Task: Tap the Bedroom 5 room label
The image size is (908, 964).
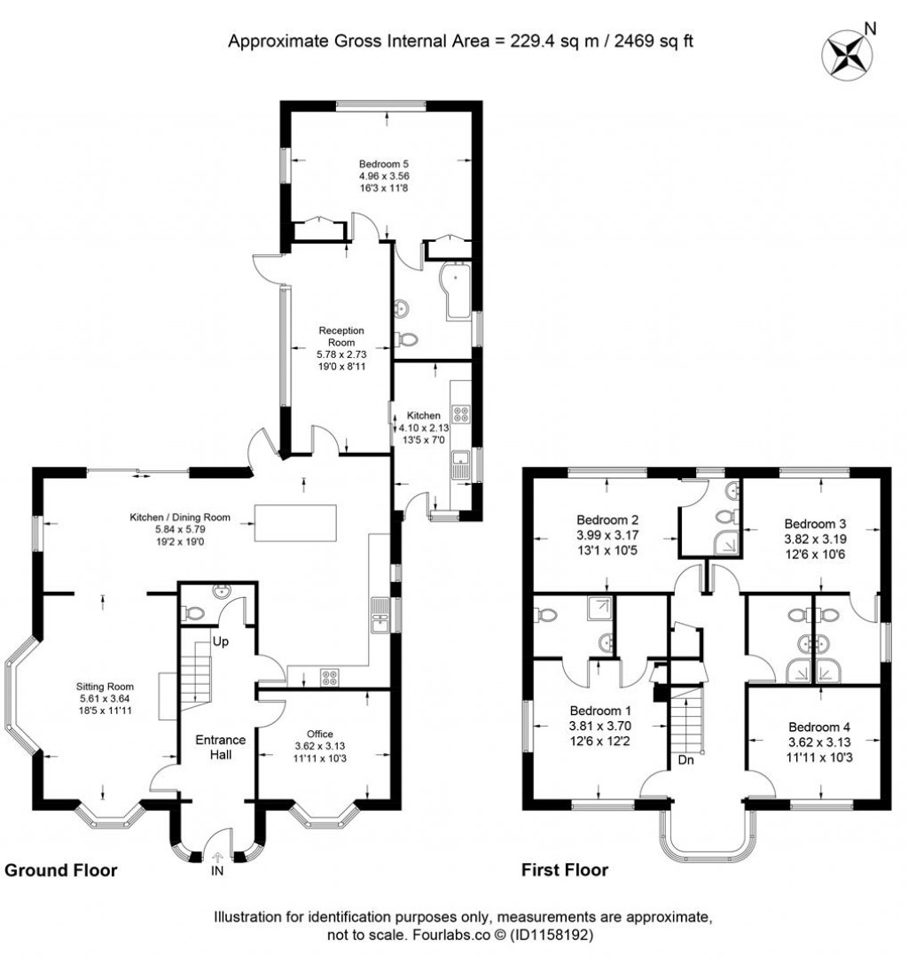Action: [x=383, y=164]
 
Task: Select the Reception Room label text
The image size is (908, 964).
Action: [x=341, y=337]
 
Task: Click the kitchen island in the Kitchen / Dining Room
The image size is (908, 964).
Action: [x=295, y=522]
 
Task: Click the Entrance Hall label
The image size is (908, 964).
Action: [x=221, y=748]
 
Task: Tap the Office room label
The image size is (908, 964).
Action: [x=319, y=734]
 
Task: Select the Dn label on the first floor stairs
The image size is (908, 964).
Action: [x=685, y=760]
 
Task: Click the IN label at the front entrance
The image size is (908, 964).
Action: [x=217, y=873]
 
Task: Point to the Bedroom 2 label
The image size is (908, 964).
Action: [x=607, y=520]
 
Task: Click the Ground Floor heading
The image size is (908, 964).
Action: [x=61, y=870]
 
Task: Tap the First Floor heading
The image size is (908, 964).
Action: [x=564, y=870]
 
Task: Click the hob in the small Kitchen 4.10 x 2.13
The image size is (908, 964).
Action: [x=461, y=414]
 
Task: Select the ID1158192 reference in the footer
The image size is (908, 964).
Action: [x=549, y=935]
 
